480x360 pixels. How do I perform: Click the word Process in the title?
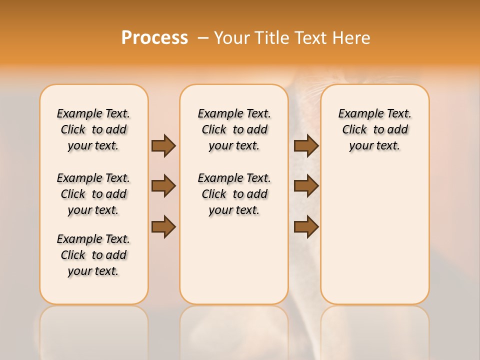point(154,38)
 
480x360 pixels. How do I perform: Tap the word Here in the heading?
point(352,38)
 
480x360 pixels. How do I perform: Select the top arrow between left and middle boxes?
point(163,145)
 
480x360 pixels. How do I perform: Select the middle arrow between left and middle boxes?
point(163,186)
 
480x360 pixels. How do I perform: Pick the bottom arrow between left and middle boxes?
point(163,226)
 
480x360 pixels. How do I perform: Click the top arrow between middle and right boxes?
point(306,145)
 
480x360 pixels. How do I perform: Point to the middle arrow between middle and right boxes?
point(306,186)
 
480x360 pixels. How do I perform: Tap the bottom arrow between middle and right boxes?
point(306,226)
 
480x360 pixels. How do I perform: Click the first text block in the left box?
point(93,129)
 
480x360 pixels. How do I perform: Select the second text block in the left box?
point(93,194)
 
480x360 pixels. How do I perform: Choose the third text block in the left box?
point(93,255)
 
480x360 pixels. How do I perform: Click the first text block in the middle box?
point(234,129)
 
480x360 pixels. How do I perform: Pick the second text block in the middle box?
point(234,194)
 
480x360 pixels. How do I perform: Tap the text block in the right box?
point(375,129)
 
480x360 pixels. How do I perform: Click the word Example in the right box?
point(358,114)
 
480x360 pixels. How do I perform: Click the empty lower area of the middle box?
point(234,260)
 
